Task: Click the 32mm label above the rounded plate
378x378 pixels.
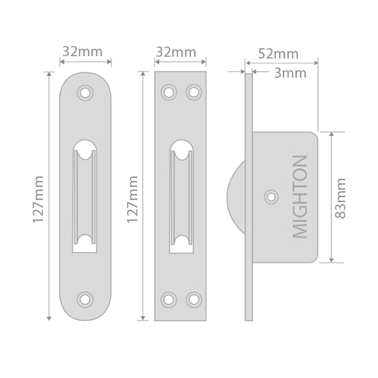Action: [82, 52]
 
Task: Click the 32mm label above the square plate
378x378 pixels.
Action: [176, 52]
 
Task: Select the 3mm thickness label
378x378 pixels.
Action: [290, 73]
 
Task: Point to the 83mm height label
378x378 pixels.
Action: [341, 198]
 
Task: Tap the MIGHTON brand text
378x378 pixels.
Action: [301, 197]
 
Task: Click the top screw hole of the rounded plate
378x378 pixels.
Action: [85, 93]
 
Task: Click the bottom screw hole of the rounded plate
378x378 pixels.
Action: [85, 299]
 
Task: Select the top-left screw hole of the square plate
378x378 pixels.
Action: [168, 93]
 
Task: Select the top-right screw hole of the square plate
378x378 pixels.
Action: [193, 93]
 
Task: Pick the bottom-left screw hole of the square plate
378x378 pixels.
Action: [168, 299]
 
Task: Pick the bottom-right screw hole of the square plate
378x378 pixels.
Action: [193, 299]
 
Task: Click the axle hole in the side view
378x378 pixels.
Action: [272, 197]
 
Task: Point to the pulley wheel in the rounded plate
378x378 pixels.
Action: [85, 197]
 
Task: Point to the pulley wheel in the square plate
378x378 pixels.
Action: [180, 197]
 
